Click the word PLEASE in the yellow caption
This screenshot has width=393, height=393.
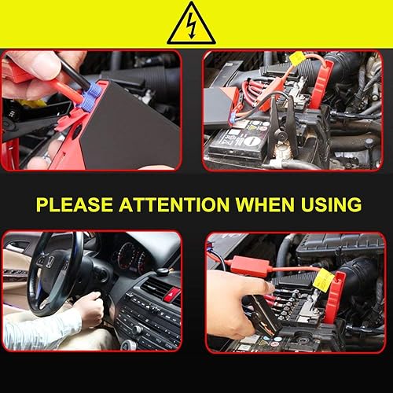75,205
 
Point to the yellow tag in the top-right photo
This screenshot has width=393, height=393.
296,57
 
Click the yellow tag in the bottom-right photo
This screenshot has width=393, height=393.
322,277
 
